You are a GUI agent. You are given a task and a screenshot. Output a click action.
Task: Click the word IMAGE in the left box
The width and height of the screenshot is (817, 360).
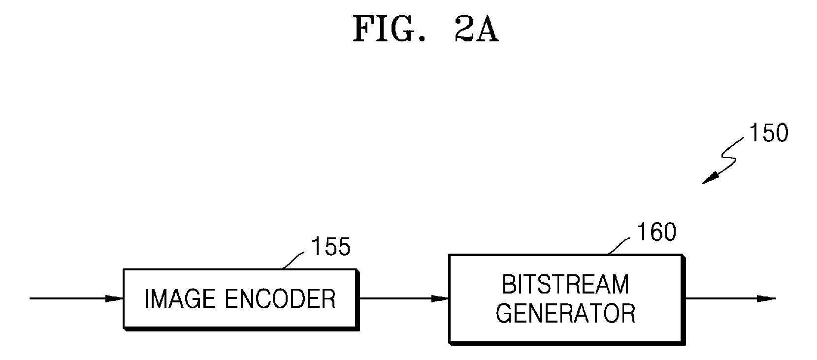[180, 299]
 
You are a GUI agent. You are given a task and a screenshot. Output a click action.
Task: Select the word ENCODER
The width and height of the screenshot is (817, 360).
[280, 299]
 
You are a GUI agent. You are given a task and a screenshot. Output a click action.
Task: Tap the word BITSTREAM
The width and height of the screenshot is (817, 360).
[565, 285]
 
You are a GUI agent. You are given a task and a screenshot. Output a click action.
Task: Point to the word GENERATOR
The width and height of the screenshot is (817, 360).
[565, 313]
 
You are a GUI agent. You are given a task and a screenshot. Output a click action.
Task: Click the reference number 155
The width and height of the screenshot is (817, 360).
[330, 246]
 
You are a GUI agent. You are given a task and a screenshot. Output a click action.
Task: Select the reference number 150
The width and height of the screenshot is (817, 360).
[769, 132]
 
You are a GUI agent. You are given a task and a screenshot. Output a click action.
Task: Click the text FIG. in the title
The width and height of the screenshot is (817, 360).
[389, 30]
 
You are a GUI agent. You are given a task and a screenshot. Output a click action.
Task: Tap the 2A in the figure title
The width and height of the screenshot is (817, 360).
[476, 30]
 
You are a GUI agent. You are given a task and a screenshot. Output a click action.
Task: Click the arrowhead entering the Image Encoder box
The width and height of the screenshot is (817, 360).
[115, 299]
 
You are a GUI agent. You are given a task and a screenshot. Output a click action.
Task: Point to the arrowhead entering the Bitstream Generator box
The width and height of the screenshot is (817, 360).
[440, 299]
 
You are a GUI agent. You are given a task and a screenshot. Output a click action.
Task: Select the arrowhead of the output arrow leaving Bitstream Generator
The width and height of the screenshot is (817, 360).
[766, 299]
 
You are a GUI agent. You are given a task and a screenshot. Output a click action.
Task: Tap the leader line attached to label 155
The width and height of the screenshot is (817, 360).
[293, 261]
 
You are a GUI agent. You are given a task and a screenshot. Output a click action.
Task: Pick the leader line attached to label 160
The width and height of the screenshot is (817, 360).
[619, 246]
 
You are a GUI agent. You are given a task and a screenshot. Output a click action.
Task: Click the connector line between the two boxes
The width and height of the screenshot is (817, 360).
[404, 299]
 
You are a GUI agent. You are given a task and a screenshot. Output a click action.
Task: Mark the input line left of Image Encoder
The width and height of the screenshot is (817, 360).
[77, 299]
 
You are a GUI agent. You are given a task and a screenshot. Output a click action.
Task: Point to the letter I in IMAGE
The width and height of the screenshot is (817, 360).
[147, 299]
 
